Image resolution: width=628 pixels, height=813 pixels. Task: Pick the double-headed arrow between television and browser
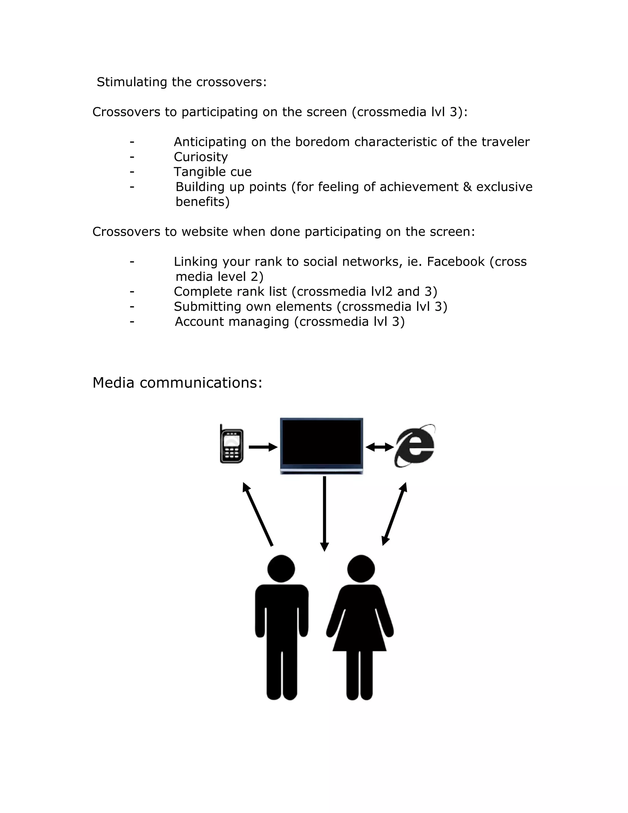coord(380,447)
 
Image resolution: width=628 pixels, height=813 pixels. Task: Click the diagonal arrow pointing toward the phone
coord(258,514)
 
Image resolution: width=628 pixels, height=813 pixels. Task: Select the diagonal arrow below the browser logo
coord(394,514)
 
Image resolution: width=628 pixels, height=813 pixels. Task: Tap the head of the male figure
coord(281,569)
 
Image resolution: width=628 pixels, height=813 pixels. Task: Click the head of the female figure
coord(361,569)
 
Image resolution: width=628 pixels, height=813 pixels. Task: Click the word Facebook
coord(456,262)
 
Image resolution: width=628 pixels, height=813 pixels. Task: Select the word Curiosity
coord(201,157)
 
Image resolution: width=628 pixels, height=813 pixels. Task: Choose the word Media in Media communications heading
coord(113,383)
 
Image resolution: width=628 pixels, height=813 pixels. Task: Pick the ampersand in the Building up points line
coord(467,187)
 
